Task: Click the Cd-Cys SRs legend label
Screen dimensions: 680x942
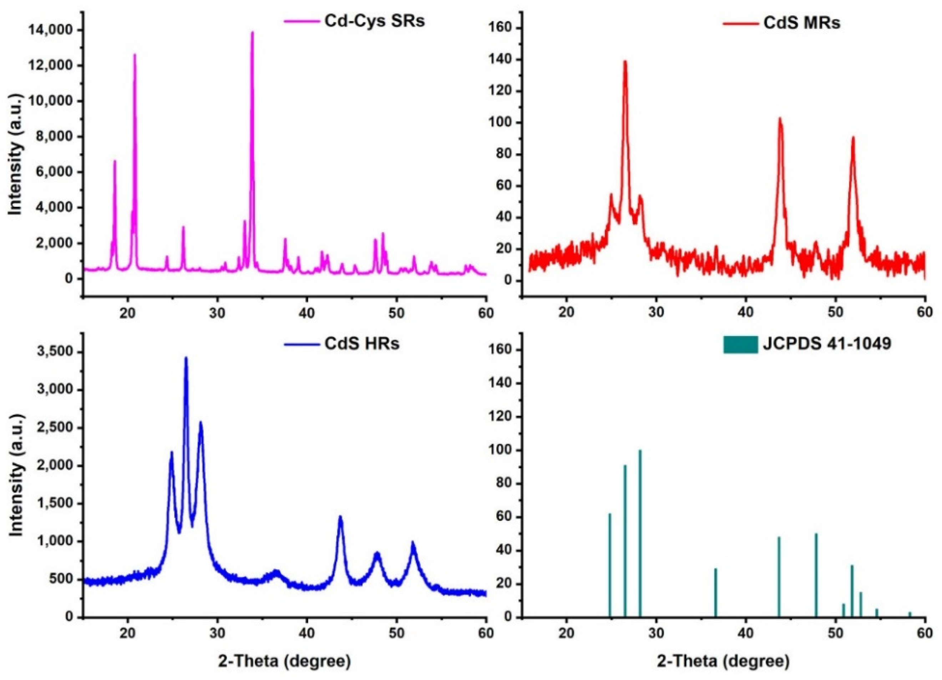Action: click(x=374, y=21)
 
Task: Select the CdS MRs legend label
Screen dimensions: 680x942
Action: click(x=802, y=23)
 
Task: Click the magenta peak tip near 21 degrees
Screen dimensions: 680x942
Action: click(x=134, y=55)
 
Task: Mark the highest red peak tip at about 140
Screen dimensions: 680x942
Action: click(x=625, y=62)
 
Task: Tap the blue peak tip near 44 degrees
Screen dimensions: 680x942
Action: click(x=340, y=517)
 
